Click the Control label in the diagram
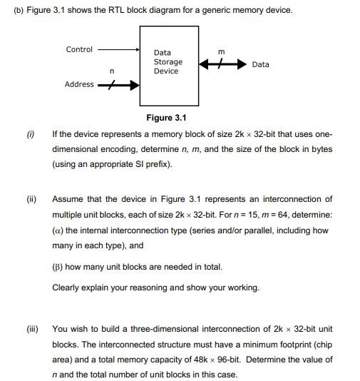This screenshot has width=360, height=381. (79, 49)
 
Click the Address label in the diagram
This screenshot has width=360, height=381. (79, 84)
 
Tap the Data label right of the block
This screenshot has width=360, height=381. (261, 64)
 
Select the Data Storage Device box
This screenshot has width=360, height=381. (168, 66)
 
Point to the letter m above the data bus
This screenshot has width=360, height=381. (221, 51)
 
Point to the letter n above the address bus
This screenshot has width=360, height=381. (112, 71)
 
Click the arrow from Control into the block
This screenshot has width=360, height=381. (118, 50)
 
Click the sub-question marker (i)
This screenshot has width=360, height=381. (31, 134)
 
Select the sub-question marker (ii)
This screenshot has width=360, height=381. (32, 199)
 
